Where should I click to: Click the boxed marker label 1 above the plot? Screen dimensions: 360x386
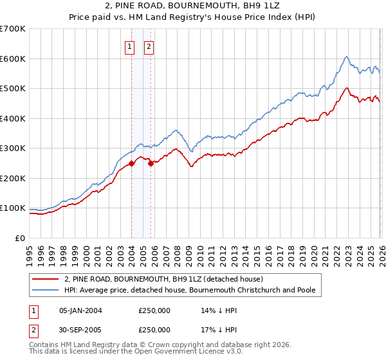click(x=129, y=46)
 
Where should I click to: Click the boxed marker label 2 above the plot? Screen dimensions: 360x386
click(x=149, y=46)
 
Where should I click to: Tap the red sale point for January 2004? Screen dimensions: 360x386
click(x=131, y=163)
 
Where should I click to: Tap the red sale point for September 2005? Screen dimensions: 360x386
click(x=151, y=163)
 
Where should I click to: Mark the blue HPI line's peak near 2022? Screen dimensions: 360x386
click(x=346, y=57)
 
